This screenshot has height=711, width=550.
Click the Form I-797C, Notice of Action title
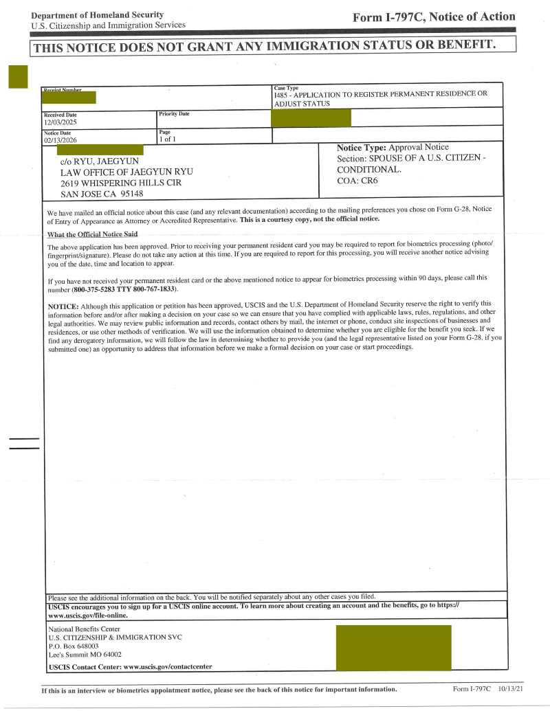point(433,17)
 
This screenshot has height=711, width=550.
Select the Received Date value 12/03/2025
point(60,122)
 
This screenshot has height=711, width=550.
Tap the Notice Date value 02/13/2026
point(60,139)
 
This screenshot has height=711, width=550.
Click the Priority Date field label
point(174,114)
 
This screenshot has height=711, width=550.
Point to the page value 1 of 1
point(168,139)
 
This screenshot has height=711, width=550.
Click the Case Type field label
point(286,88)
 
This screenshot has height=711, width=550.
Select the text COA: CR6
point(357,181)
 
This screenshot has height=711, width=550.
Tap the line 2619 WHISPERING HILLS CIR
point(121,183)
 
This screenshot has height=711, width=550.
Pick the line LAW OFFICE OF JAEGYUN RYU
point(127,172)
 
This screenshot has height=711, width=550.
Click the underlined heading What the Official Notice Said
point(92,234)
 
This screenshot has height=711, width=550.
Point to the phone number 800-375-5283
point(97,289)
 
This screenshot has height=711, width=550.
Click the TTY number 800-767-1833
point(150,289)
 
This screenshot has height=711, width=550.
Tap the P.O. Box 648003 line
point(74,646)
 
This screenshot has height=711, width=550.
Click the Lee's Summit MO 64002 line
point(85,655)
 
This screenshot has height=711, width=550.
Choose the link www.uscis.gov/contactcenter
point(168,666)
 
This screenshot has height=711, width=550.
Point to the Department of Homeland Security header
point(98,14)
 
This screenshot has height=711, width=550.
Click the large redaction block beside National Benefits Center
point(393,648)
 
